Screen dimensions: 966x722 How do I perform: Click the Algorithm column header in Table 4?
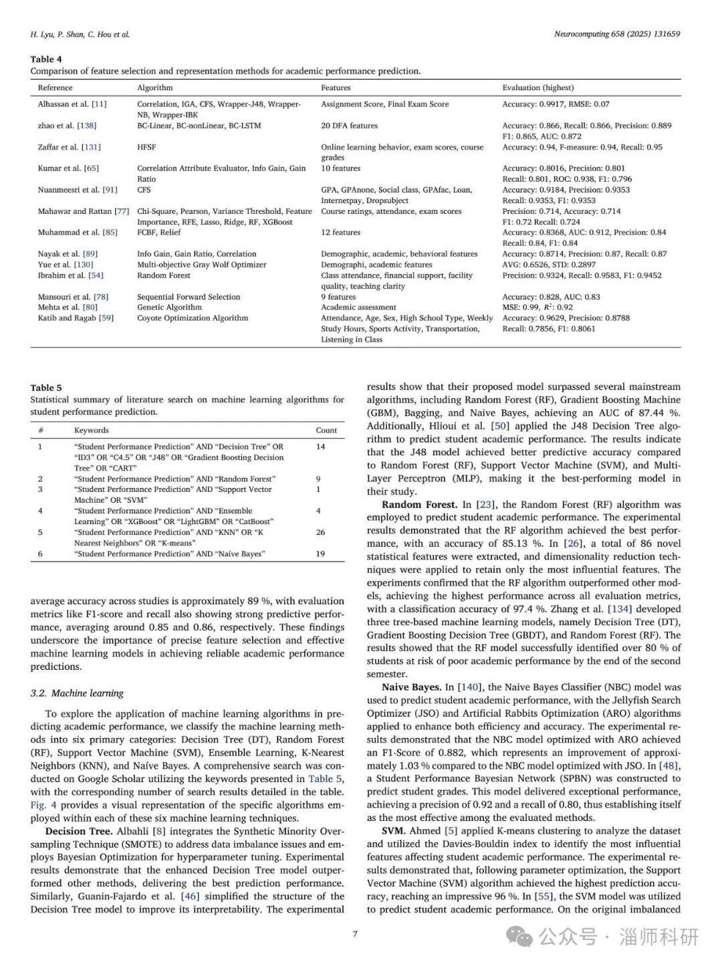(155, 88)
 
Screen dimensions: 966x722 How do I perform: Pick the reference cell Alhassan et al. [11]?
(72, 104)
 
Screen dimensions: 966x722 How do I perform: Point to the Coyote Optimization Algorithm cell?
(193, 318)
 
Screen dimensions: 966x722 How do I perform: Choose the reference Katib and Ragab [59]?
(76, 318)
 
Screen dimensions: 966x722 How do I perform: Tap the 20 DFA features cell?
(349, 126)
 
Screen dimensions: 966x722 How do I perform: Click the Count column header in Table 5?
(326, 431)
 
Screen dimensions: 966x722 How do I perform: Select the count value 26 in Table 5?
(320, 533)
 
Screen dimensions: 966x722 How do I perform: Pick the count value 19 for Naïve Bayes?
(320, 554)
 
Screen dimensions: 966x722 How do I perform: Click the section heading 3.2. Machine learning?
(77, 693)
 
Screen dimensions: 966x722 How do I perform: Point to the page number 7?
(355, 934)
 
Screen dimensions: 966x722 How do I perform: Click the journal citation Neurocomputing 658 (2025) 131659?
(617, 34)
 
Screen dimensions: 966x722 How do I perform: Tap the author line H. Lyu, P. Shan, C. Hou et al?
(80, 34)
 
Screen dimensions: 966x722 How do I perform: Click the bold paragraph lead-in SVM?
(393, 831)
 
